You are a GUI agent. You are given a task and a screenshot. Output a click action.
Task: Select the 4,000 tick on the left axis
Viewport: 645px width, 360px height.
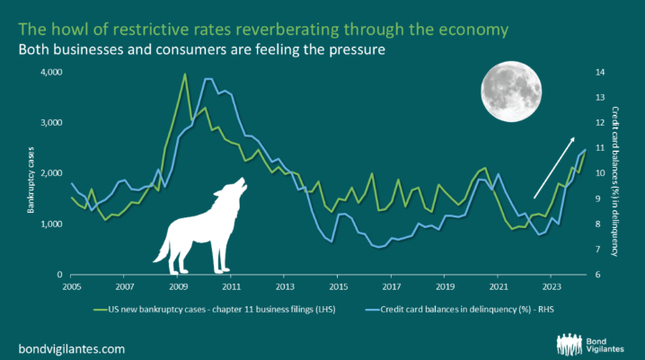[50, 71]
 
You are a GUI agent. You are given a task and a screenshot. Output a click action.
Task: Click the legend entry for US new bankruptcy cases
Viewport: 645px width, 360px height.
[200, 310]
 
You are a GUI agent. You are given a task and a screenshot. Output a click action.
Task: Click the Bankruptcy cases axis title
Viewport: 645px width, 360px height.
[31, 173]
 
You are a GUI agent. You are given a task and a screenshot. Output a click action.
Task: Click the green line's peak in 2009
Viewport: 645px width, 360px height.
[185, 75]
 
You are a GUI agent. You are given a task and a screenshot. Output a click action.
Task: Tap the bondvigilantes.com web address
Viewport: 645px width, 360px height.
[72, 347]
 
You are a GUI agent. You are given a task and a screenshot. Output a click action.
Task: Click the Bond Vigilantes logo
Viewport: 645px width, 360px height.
[592, 342]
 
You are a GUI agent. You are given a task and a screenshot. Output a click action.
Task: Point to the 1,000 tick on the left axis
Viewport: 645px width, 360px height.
[50, 224]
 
